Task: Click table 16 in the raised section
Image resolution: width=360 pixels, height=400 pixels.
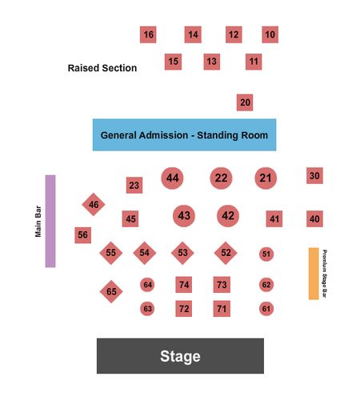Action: pos(148,34)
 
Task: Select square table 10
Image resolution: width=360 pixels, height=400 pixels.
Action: pos(270,34)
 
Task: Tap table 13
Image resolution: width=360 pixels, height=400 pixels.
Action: pos(212,62)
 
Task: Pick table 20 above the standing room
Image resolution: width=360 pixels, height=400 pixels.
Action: pos(245,102)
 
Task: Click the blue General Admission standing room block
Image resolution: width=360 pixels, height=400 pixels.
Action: pos(184,135)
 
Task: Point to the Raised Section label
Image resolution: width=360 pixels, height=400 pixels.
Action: pos(102,68)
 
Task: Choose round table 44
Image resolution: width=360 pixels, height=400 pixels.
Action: pos(172,178)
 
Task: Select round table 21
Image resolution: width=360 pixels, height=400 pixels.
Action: pos(266,178)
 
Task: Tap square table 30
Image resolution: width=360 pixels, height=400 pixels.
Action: pos(314,175)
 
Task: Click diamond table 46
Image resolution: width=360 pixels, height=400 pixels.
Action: pos(94,204)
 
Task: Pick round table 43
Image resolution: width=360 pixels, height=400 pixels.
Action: pos(184,216)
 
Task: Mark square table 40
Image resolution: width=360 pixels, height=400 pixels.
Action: pos(314,219)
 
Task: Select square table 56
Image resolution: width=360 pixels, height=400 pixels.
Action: pos(82,235)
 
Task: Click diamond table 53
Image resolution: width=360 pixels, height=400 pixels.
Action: pos(182,253)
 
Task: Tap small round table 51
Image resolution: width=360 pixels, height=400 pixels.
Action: pos(266,254)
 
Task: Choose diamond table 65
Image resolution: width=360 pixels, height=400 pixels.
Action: pos(111,291)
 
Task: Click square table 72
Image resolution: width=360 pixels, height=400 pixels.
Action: pos(184,309)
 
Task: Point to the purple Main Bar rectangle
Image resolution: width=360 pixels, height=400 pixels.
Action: pos(50,221)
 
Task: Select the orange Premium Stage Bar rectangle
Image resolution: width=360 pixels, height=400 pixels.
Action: pos(314,274)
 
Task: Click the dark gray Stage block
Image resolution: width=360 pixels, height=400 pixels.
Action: pos(180,356)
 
